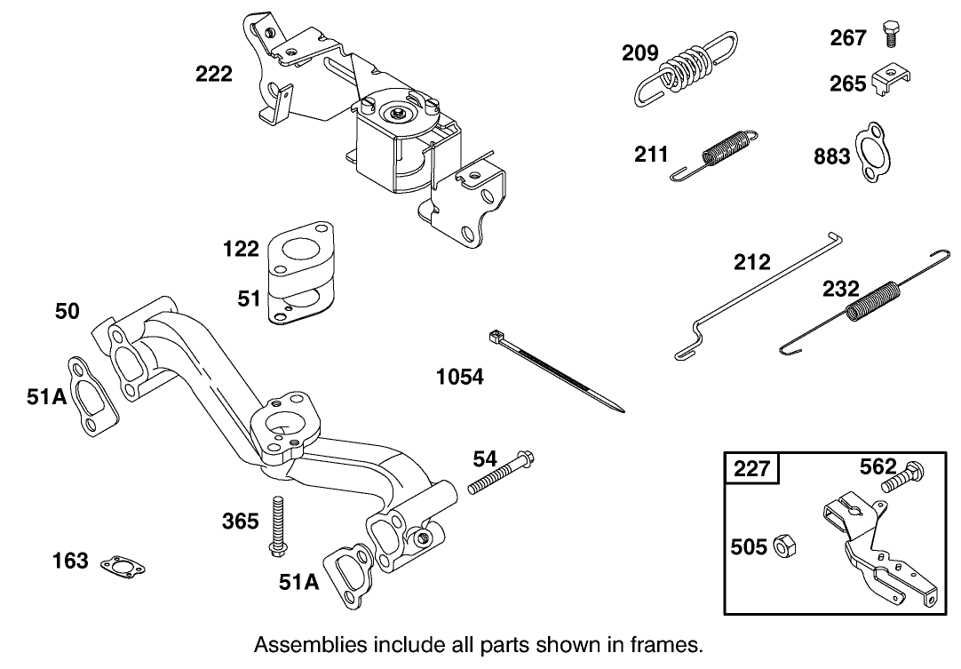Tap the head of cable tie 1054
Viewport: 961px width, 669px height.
(496, 337)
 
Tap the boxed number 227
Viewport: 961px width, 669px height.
(751, 467)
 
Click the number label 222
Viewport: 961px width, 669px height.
(214, 75)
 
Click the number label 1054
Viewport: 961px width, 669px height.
(459, 377)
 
